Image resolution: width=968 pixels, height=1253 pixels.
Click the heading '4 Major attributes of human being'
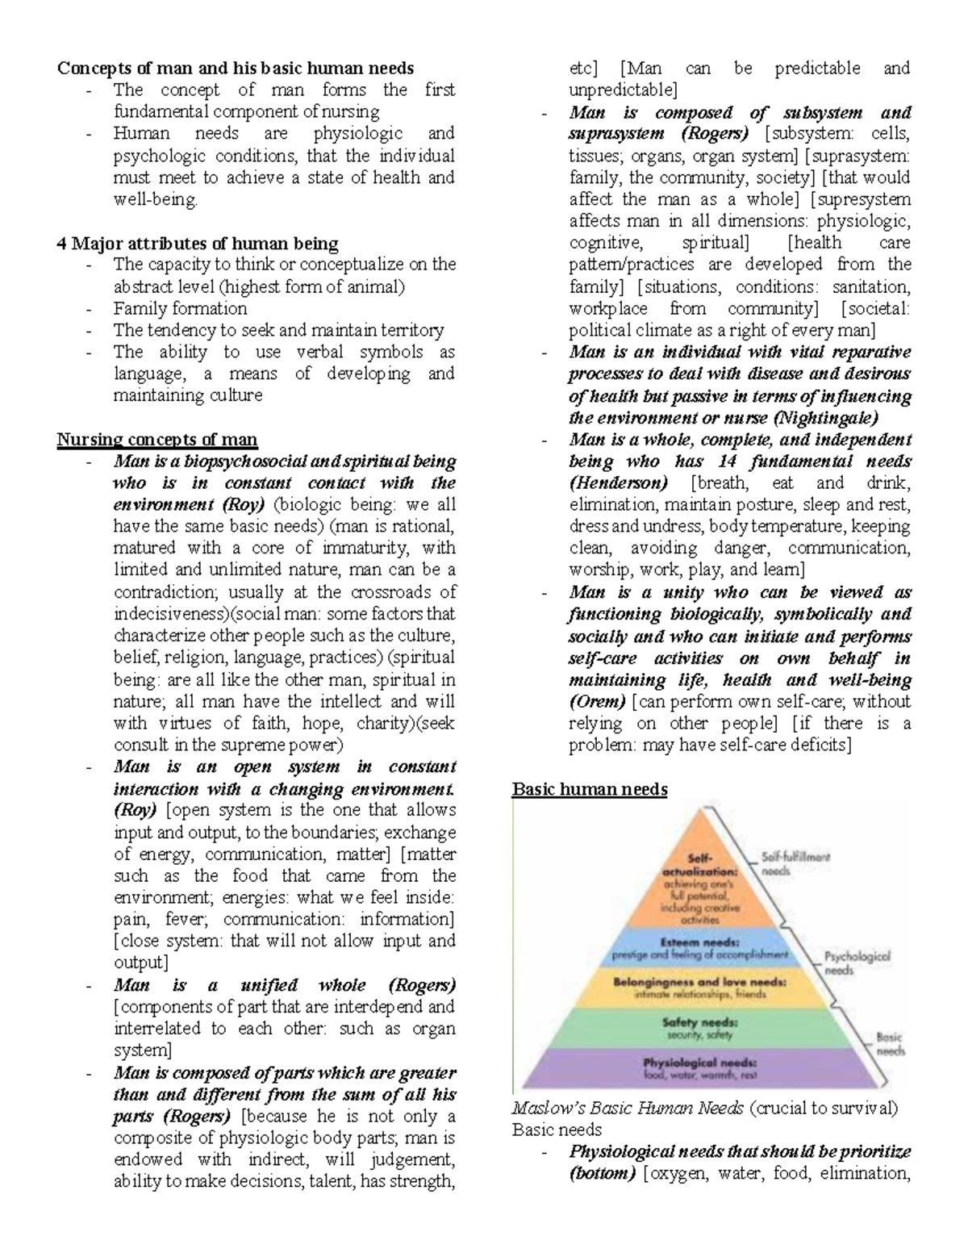[x=198, y=243]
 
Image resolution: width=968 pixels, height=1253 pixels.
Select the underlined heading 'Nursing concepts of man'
[x=156, y=440]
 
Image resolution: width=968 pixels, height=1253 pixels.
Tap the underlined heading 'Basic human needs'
[x=590, y=789]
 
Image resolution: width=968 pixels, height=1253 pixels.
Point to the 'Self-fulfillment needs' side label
[x=795, y=864]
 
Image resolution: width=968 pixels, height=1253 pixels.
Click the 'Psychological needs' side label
[x=857, y=963]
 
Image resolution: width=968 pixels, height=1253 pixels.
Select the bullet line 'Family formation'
[x=180, y=308]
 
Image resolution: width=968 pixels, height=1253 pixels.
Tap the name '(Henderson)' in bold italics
[x=618, y=483]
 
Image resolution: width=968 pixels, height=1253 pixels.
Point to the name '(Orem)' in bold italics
[x=597, y=701]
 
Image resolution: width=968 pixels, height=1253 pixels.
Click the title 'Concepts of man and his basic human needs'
[x=235, y=68]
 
